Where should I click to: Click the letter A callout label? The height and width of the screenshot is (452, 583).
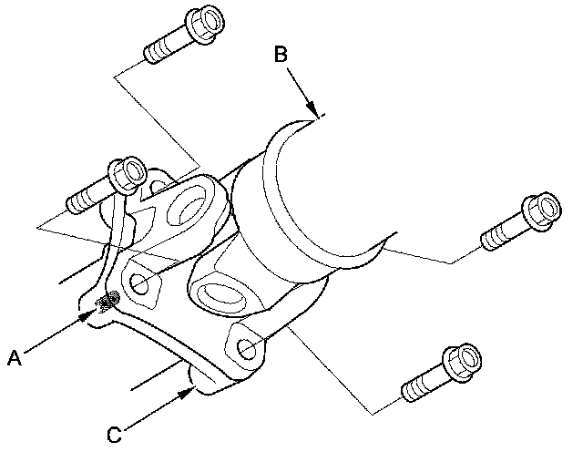click(x=15, y=358)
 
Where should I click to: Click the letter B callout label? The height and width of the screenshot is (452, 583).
click(x=281, y=54)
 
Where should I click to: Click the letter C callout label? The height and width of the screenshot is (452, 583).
click(x=115, y=435)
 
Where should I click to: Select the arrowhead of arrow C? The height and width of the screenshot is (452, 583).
click(x=186, y=393)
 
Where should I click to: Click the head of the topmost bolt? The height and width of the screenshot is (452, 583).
click(x=205, y=24)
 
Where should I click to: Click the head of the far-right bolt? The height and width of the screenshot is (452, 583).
click(x=541, y=211)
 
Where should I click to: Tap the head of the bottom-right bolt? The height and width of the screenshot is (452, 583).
click(x=462, y=363)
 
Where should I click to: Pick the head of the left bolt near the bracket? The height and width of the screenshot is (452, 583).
click(x=128, y=175)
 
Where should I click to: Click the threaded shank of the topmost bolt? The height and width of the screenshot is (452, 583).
click(x=167, y=47)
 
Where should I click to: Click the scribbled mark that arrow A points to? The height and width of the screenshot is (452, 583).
click(x=107, y=302)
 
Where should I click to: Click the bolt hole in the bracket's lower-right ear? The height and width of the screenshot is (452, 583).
click(x=247, y=349)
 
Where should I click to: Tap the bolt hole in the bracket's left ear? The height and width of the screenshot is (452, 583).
click(x=139, y=284)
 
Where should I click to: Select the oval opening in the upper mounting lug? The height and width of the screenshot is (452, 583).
click(x=186, y=205)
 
